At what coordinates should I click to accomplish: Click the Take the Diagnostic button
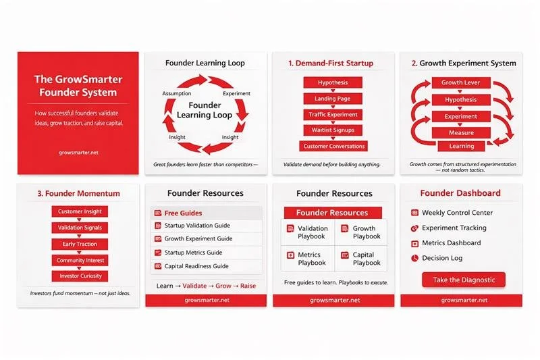pyautogui.click(x=463, y=280)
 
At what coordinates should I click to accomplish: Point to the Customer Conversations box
pyautogui.click(x=333, y=146)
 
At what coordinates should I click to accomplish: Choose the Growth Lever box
pyautogui.click(x=461, y=82)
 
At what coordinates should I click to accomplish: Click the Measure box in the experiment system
pyautogui.click(x=461, y=132)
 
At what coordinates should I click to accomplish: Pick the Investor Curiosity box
pyautogui.click(x=80, y=276)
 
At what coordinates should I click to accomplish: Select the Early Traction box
pyautogui.click(x=80, y=244)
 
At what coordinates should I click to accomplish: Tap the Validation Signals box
pyautogui.click(x=80, y=228)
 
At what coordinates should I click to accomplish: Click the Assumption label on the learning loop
pyautogui.click(x=177, y=93)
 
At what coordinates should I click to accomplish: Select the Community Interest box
pyautogui.click(x=80, y=260)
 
